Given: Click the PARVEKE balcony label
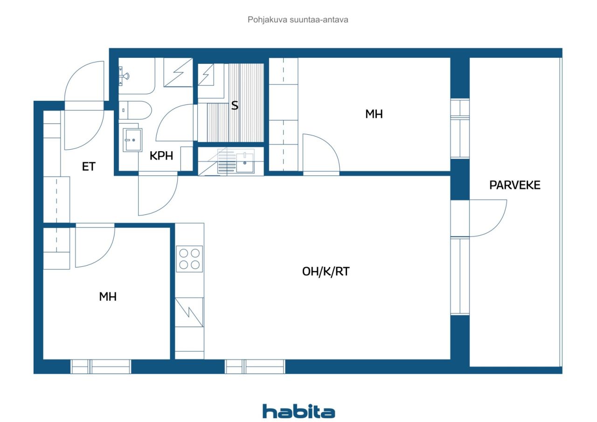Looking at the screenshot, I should tap(514, 185).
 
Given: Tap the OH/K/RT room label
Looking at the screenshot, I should tap(326, 272).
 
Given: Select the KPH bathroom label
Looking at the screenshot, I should tap(161, 156).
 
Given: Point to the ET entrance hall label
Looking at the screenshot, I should tap(89, 166).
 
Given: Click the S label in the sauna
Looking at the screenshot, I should tap(235, 106).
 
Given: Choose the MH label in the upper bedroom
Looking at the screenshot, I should tap(374, 114).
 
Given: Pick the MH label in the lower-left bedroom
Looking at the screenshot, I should tap(108, 297).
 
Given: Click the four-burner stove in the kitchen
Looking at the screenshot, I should tap(189, 259).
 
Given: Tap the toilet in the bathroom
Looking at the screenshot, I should tap(135, 111).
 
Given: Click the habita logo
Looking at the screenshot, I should tap(298, 411).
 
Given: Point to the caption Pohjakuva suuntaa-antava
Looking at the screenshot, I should tap(298, 20).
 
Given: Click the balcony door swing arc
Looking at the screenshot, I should tap(488, 218).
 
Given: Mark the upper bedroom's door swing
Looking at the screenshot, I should tap(321, 154).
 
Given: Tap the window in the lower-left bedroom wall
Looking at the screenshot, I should tap(101, 367).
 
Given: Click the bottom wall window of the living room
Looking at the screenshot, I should tap(255, 367).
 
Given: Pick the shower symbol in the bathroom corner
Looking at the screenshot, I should tap(178, 72).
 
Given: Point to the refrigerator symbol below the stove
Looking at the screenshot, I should tap(189, 312).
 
